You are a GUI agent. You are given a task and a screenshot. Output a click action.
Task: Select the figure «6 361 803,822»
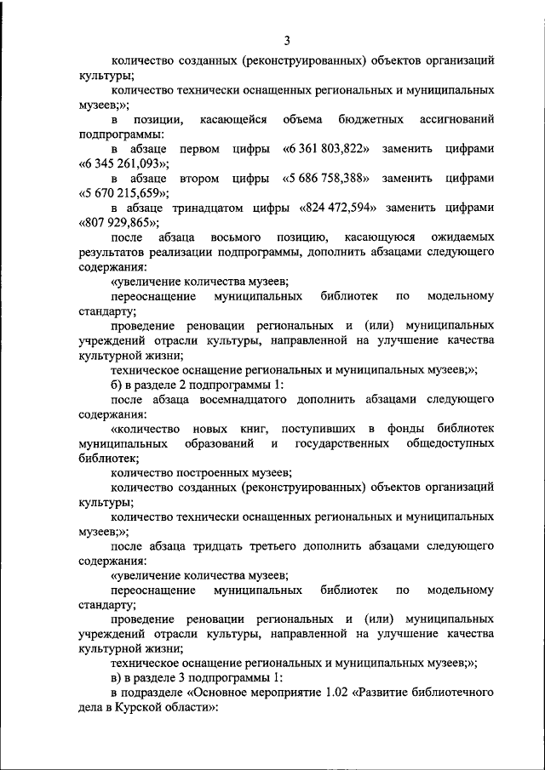325,149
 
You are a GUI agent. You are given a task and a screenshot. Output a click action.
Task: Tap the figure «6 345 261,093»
119,163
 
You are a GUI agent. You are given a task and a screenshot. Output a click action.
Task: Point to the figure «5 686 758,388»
325,179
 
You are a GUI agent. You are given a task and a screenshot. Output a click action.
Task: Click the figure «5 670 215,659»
119,194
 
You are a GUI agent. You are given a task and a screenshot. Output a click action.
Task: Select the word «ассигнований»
456,119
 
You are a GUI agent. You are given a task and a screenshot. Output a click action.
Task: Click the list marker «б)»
118,385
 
